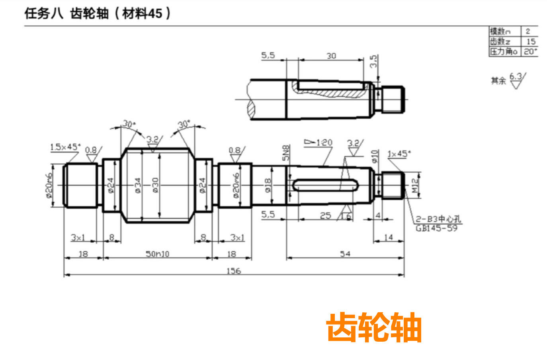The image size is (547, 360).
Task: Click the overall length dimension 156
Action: (234, 271)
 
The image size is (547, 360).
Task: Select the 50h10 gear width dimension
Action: (157, 254)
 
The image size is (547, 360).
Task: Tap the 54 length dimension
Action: (345, 254)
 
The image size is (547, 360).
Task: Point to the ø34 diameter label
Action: (138, 185)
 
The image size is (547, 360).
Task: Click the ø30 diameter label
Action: (155, 185)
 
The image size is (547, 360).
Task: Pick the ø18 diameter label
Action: (268, 185)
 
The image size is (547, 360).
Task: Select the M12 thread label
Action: (415, 186)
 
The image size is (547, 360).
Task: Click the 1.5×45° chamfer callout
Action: (65, 147)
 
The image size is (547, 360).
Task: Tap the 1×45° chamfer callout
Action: (399, 154)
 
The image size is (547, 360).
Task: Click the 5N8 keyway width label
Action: (286, 153)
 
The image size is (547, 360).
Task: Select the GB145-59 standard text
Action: (436, 229)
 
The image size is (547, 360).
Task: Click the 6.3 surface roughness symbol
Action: (516, 80)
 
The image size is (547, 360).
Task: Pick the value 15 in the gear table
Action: (531, 41)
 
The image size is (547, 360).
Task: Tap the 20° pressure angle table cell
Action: (530, 51)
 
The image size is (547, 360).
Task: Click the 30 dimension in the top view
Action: (331, 56)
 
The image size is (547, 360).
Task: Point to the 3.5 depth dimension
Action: (373, 61)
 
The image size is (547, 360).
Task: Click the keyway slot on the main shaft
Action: (326, 185)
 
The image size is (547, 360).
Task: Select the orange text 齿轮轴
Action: (374, 327)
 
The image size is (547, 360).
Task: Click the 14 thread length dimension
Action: (388, 237)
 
